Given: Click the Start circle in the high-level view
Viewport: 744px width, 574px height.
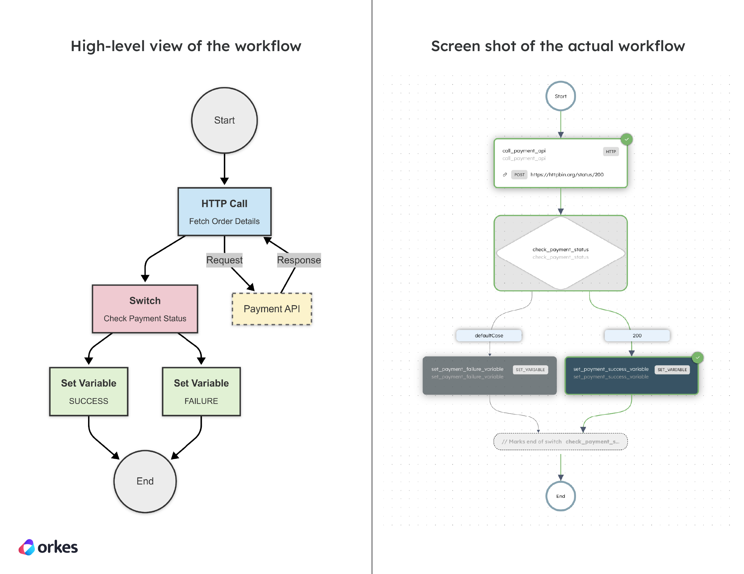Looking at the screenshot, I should (224, 120).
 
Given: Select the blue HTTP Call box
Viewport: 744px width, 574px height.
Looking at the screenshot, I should (224, 212).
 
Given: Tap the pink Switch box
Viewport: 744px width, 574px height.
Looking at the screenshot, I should (145, 309).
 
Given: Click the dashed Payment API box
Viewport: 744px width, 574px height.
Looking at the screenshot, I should (272, 309).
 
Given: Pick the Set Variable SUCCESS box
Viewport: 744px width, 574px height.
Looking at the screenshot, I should (89, 392).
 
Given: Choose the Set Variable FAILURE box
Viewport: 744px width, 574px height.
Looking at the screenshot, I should (201, 392).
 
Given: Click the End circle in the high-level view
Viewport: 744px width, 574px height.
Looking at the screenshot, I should (145, 481).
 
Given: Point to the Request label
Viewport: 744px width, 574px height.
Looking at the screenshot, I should (224, 260).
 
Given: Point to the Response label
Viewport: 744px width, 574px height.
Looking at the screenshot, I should (299, 260).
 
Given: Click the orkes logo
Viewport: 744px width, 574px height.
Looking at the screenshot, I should (48, 547).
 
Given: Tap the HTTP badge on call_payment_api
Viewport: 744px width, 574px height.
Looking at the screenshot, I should (610, 151).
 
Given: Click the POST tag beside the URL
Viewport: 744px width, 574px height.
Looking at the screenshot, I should (519, 175).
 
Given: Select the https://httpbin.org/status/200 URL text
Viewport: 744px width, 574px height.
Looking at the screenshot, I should (567, 175).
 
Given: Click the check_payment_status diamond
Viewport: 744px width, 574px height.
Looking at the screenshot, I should (560, 253).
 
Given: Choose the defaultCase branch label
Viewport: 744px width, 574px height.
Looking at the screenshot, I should (489, 335).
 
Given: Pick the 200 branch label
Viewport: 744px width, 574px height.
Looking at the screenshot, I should (637, 335).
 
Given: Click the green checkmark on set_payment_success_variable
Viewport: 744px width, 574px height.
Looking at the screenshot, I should (697, 357).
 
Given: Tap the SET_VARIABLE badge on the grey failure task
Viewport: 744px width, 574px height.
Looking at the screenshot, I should (530, 370).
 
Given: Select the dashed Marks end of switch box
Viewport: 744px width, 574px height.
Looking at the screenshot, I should (560, 441).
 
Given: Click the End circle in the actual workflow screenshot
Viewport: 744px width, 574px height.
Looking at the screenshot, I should (560, 496).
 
